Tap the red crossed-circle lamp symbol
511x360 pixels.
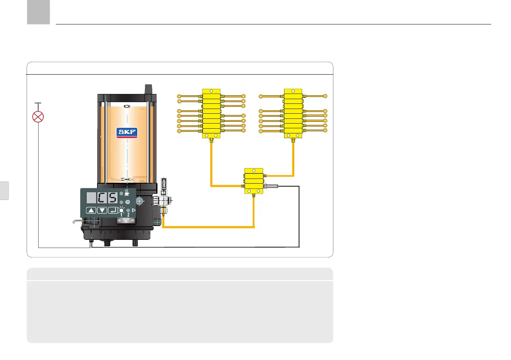click(39, 117)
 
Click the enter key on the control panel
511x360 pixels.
click(112, 210)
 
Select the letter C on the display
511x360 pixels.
click(101, 199)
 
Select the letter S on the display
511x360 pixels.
click(112, 199)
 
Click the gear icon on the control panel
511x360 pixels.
click(127, 202)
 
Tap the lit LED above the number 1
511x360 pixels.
click(121, 211)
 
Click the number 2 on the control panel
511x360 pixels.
click(128, 215)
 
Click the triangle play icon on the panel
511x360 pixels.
click(133, 210)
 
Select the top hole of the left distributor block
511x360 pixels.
click(211, 91)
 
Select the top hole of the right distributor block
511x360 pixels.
click(293, 91)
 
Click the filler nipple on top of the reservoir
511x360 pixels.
click(149, 89)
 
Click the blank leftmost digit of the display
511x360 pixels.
click(91, 199)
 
